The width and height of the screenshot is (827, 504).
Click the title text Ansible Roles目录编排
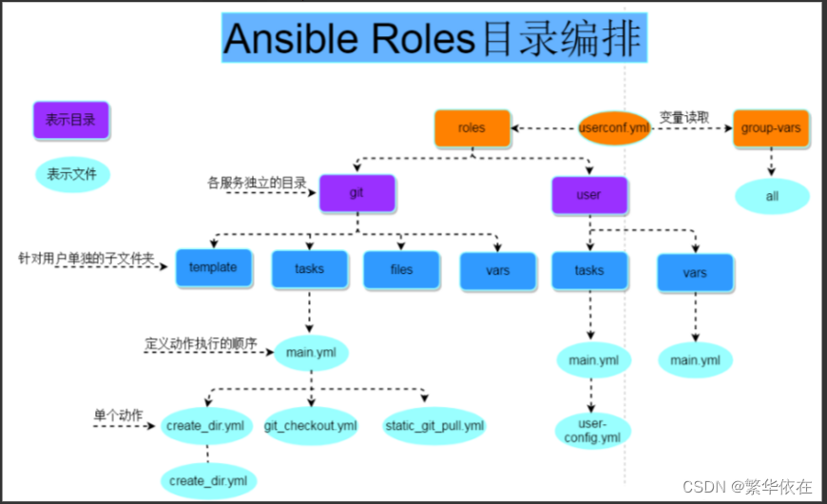pos(433,39)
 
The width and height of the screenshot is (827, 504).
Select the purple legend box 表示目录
pos(70,121)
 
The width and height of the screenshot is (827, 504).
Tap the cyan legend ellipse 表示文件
pos(72,174)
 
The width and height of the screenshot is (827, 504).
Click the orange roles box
pos(471,128)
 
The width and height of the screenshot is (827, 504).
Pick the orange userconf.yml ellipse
pos(614,128)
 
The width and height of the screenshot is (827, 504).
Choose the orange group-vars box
pos(771,128)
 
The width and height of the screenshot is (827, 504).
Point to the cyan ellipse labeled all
pos(772,195)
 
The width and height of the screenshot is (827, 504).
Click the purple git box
pos(356,192)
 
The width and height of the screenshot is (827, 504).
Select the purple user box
pos(589,195)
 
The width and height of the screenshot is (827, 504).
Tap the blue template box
pos(213,267)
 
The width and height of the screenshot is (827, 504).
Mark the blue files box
pos(401,269)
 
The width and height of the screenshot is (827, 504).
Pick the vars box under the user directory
pos(695,272)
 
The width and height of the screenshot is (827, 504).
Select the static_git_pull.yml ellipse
pos(434,425)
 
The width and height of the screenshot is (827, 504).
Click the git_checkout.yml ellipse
pos(310,425)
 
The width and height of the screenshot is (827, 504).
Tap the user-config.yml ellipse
pos(593,430)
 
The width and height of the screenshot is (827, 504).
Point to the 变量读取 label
pos(684,117)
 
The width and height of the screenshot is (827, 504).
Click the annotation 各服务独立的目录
pos(257,181)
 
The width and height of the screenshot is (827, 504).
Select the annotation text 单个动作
pos(118,415)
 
